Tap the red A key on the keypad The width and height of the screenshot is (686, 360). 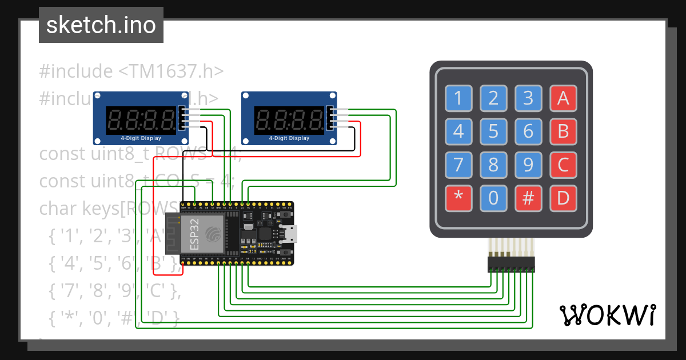click(563, 99)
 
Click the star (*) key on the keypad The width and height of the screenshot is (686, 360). click(458, 198)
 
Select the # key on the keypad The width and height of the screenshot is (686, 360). click(528, 198)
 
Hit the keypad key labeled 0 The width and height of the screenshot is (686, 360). click(493, 198)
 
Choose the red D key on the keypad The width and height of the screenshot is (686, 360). click(563, 198)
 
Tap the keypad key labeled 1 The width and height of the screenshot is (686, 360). click(458, 99)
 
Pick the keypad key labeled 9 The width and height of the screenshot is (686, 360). click(528, 165)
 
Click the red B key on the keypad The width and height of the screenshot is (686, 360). click(563, 132)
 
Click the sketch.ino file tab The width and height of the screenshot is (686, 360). click(101, 25)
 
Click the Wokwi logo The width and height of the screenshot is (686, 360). click(607, 315)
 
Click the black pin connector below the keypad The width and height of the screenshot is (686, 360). click(511, 265)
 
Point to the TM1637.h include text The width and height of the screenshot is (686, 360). click(131, 71)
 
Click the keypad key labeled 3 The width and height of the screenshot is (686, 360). click(528, 99)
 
